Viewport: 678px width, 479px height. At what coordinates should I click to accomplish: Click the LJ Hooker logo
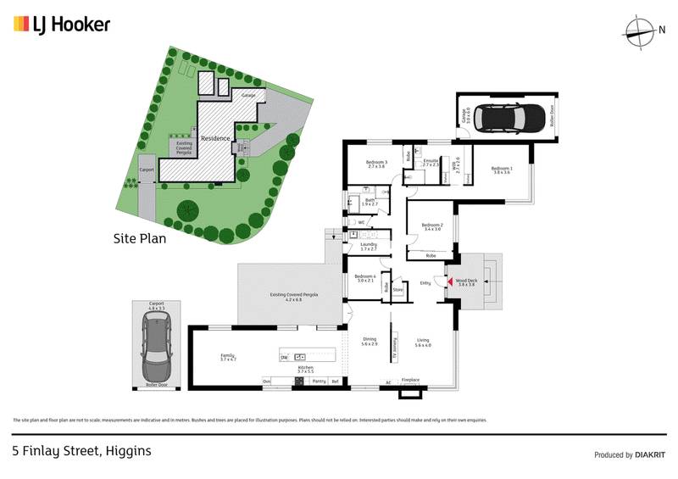[62, 25]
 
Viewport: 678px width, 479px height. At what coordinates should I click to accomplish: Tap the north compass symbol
[639, 31]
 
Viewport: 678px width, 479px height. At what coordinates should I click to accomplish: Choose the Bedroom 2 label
[433, 226]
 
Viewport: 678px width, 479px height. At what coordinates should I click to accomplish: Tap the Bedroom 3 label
[376, 164]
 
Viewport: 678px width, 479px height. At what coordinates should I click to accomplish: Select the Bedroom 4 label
[365, 279]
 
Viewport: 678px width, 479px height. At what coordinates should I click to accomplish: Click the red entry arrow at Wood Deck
[450, 281]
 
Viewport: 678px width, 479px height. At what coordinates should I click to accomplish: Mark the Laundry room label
[368, 246]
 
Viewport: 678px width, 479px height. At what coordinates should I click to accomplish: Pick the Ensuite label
[431, 162]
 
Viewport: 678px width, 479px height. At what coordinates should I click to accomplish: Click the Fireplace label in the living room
[411, 381]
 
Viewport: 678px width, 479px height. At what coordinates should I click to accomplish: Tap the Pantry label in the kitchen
[320, 382]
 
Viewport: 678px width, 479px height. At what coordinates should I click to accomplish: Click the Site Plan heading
[140, 238]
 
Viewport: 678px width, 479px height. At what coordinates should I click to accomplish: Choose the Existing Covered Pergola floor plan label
[293, 295]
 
